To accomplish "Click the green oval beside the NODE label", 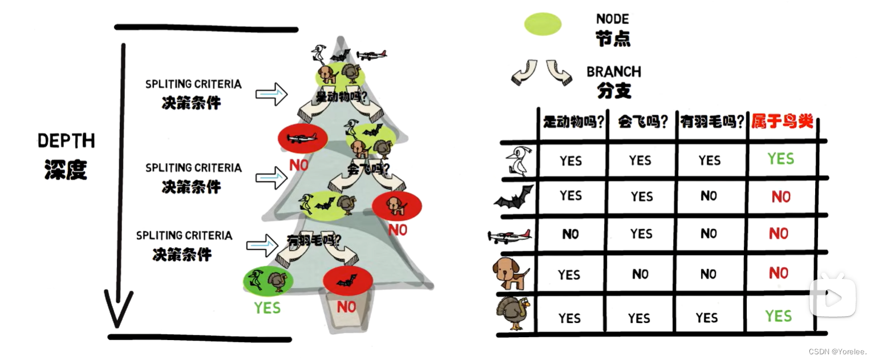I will click(x=542, y=24).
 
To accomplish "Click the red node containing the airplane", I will click(x=302, y=138).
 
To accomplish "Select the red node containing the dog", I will click(x=396, y=206).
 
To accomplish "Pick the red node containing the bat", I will click(x=347, y=281).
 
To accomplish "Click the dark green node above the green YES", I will click(x=268, y=280).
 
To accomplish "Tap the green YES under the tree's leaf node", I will click(x=268, y=308).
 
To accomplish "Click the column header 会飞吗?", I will click(x=641, y=122).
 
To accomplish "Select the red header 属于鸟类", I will click(x=782, y=122).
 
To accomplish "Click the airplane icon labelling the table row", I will click(x=509, y=236).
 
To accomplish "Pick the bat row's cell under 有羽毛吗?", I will click(x=709, y=196).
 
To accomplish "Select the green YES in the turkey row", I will click(x=779, y=316).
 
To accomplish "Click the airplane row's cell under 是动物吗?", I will click(x=570, y=234).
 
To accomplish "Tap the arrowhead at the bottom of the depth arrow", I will click(x=118, y=311).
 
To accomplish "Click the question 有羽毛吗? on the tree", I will click(x=314, y=241).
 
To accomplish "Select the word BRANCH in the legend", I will click(x=614, y=72).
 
